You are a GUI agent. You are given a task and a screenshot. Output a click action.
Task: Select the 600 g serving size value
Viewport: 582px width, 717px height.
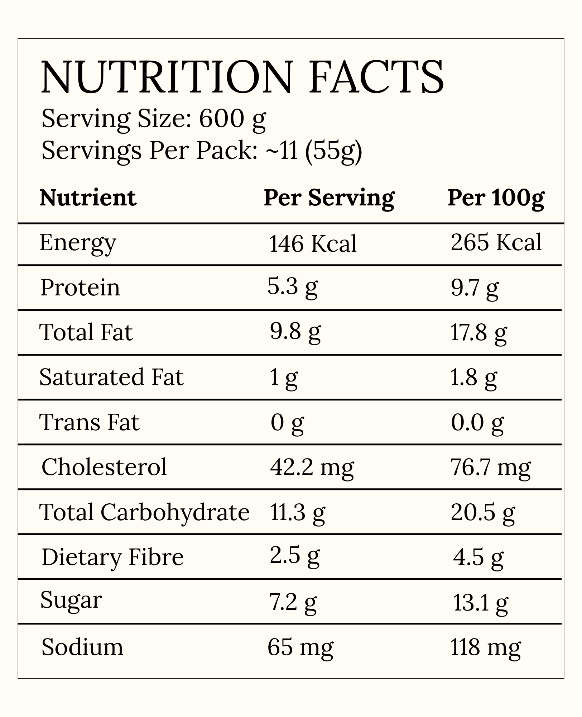(x=232, y=119)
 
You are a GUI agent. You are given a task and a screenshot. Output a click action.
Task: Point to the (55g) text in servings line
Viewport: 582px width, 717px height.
(x=333, y=151)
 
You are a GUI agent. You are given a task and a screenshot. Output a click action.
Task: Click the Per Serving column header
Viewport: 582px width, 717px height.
(x=329, y=198)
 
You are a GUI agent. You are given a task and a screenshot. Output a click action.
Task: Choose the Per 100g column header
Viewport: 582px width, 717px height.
(x=496, y=198)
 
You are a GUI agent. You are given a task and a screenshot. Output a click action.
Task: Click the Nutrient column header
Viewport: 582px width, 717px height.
(x=88, y=198)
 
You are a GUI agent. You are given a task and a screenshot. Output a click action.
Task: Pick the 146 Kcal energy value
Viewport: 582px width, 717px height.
(x=313, y=244)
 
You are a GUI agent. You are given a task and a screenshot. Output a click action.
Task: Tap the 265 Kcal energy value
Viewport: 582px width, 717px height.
(x=496, y=242)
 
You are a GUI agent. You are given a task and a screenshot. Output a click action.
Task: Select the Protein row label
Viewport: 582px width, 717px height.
(x=80, y=288)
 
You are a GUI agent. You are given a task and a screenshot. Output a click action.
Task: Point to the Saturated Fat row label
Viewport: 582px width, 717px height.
(x=111, y=377)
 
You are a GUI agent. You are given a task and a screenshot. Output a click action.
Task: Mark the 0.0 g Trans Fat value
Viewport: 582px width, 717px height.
(x=477, y=423)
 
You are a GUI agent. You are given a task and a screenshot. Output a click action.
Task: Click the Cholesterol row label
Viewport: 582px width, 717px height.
(x=104, y=467)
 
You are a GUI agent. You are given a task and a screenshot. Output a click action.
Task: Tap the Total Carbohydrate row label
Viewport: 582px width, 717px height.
(x=144, y=512)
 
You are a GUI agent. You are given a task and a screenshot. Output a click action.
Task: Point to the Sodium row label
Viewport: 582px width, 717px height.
(x=82, y=647)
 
